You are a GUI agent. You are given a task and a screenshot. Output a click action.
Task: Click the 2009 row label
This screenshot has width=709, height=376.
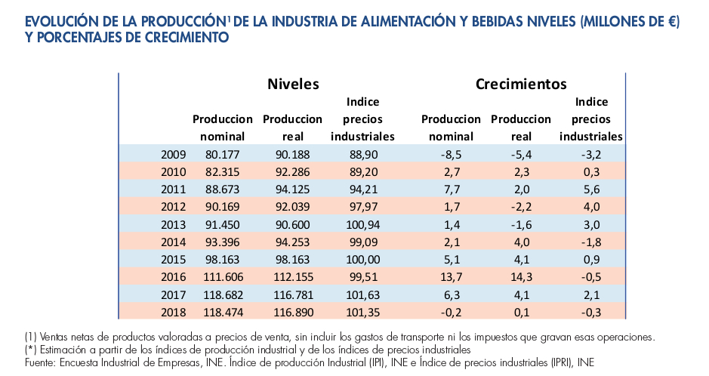[174, 154]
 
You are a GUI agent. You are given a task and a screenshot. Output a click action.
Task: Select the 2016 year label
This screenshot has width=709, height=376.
[174, 276]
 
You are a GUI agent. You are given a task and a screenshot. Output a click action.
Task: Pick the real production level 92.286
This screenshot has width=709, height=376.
[292, 171]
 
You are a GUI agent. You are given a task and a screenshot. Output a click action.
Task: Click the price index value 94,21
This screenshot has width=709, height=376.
[362, 189]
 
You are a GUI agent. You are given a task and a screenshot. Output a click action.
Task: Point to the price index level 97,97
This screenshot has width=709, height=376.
[362, 206]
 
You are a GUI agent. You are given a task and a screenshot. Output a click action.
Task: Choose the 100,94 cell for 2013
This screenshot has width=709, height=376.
[362, 223]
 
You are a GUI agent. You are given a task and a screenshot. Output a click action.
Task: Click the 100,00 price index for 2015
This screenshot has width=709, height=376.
[362, 258]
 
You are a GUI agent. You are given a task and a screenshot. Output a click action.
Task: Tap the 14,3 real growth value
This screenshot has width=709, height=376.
[521, 276]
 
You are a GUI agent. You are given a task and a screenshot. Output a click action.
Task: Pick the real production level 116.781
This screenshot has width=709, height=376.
[292, 293]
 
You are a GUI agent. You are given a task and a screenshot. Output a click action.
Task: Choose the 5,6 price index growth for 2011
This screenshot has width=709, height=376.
[591, 189]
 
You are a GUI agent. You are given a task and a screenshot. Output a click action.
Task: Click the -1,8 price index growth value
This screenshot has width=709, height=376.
[591, 241]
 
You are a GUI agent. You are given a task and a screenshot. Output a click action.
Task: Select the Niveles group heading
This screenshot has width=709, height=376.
[293, 84]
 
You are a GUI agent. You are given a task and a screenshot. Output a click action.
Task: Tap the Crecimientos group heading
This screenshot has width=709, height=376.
[521, 84]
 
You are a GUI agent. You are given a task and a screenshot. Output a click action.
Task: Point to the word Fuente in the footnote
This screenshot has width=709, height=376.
[42, 362]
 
